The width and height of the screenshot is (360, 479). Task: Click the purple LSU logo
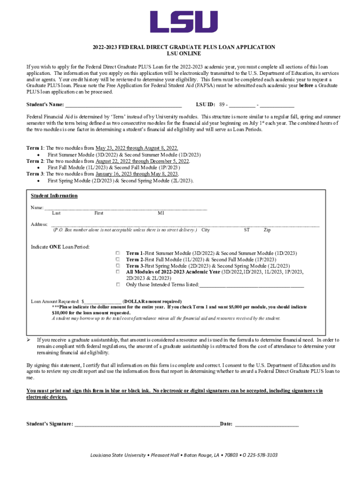pyautogui.click(x=183, y=22)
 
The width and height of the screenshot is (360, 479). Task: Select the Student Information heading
pyautogui.click(x=54, y=196)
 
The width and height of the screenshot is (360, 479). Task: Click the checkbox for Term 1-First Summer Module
pyautogui.click(x=118, y=253)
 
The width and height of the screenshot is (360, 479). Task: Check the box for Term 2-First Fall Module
pyautogui.click(x=118, y=259)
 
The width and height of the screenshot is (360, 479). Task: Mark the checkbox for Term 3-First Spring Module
pyautogui.click(x=118, y=265)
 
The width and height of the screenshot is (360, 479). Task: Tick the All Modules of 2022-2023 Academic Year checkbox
pyautogui.click(x=118, y=271)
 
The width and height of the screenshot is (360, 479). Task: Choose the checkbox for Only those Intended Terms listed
pyautogui.click(x=118, y=284)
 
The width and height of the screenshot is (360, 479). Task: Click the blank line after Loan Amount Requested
pyautogui.click(x=102, y=302)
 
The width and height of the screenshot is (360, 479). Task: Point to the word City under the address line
pyautogui.click(x=205, y=230)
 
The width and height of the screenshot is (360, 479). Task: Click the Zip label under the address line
pyautogui.click(x=267, y=230)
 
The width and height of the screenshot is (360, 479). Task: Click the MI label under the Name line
pyautogui.click(x=161, y=213)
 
